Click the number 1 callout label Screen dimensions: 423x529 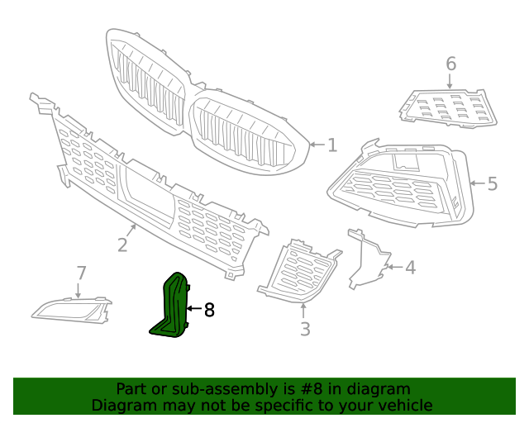tap(332, 145)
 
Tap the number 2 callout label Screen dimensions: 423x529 tap(122, 245)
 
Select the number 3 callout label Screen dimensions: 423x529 tap(305, 330)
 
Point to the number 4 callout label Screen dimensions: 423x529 tap(410, 267)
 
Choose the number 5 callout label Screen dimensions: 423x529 tap(493, 183)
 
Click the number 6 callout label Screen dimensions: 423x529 tap(450, 64)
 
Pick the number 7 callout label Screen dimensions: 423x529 tap(81, 273)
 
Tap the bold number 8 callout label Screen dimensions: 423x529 tap(209, 310)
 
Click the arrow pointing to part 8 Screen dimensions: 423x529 tap(194, 309)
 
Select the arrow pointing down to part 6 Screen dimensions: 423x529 tap(450, 81)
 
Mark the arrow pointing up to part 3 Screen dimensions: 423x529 tap(304, 311)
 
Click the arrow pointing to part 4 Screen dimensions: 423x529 tap(393, 267)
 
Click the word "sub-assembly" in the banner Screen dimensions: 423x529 tap(211, 388)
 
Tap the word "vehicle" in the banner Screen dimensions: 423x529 tap(403, 405)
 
